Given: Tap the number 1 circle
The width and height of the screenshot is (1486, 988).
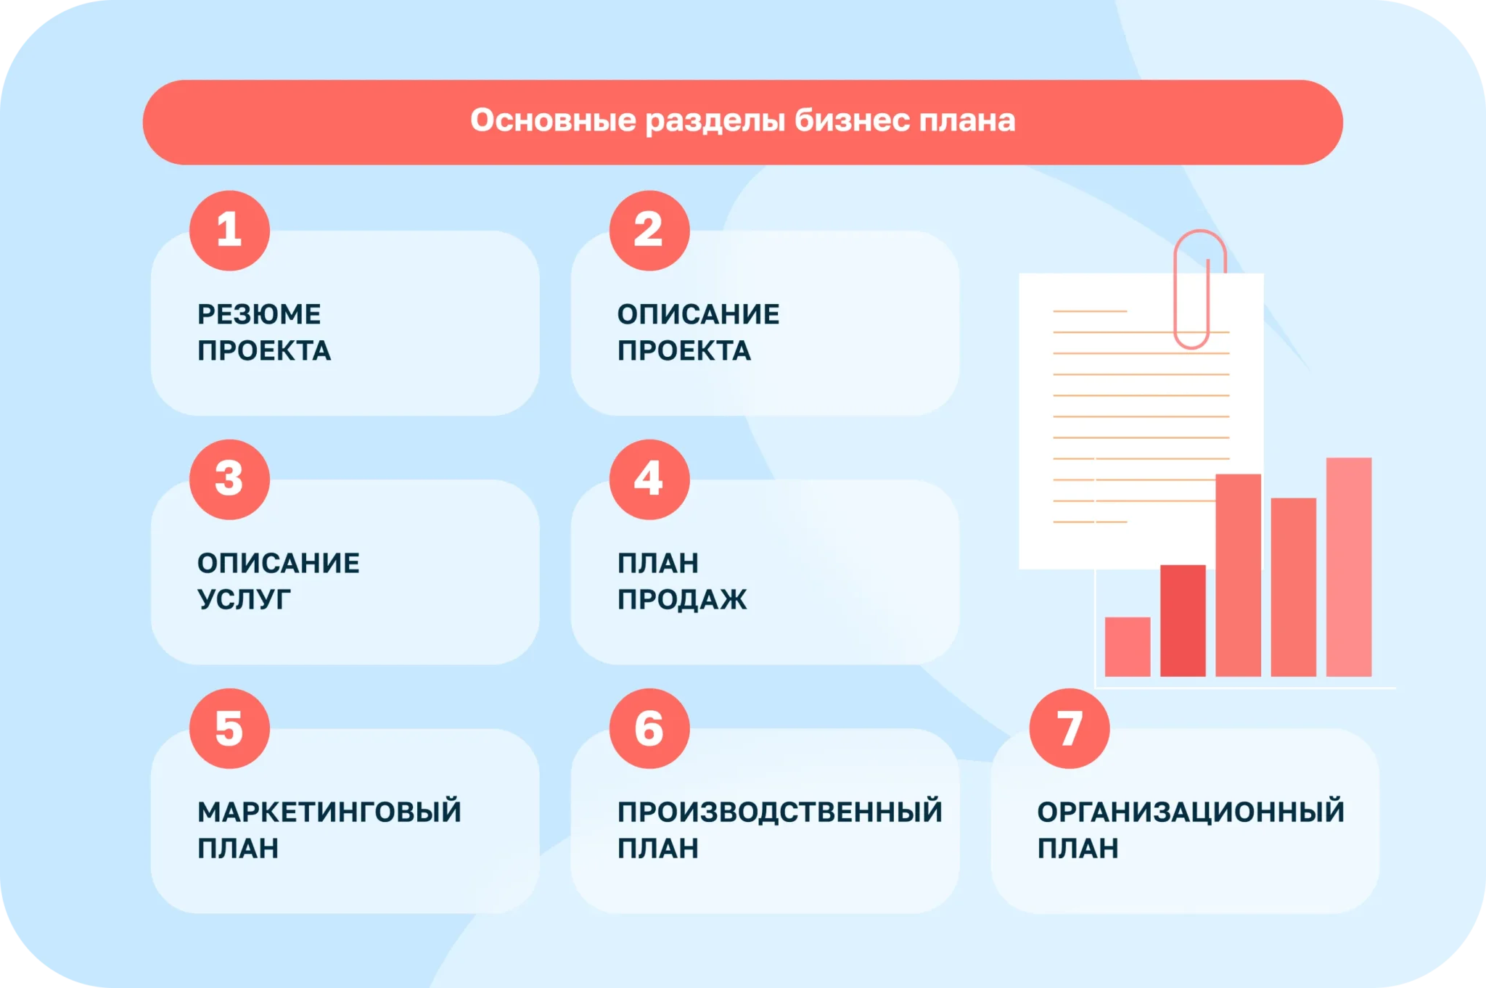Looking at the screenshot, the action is pyautogui.click(x=229, y=231).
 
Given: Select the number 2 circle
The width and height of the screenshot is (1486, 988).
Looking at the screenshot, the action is pyautogui.click(x=649, y=231).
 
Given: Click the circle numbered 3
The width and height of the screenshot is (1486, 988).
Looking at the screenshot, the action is pyautogui.click(x=229, y=479).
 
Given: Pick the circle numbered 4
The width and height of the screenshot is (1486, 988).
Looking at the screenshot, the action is pyautogui.click(x=649, y=479).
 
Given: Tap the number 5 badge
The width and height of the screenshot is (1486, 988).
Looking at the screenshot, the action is pyautogui.click(x=229, y=728).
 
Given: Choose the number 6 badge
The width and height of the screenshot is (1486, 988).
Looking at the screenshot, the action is pyautogui.click(x=649, y=728).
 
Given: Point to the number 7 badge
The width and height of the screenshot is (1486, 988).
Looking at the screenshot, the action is pyautogui.click(x=1070, y=728).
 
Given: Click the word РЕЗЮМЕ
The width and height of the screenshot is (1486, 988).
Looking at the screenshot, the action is pyautogui.click(x=259, y=314).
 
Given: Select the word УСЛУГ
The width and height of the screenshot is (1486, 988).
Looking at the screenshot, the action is pyautogui.click(x=244, y=599).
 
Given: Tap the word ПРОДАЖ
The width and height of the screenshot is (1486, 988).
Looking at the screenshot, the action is pyautogui.click(x=682, y=599).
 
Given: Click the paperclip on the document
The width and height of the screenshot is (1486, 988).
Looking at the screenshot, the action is pyautogui.click(x=1199, y=289).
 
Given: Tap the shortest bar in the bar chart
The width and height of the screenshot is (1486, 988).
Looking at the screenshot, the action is pyautogui.click(x=1128, y=646).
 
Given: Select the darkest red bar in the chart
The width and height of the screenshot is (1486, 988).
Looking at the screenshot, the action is pyautogui.click(x=1183, y=620).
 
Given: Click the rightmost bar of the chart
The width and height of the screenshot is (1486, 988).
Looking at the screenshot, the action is pyautogui.click(x=1349, y=567).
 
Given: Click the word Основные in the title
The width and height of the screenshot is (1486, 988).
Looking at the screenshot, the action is pyautogui.click(x=554, y=120).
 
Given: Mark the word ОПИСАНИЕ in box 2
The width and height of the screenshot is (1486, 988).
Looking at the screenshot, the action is pyautogui.click(x=699, y=314).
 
